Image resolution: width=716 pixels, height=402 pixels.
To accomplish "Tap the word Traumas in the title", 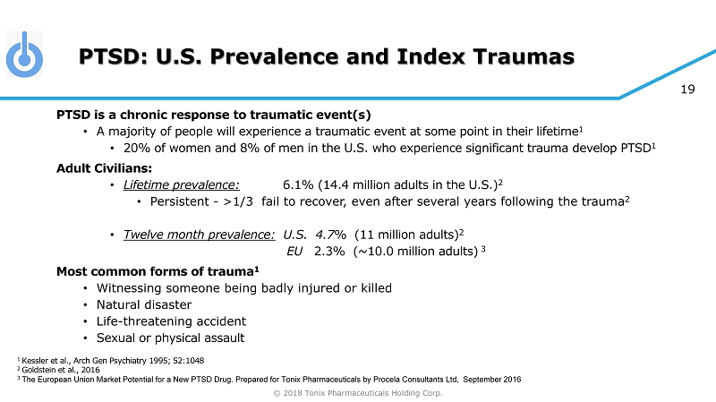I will click(x=524, y=58).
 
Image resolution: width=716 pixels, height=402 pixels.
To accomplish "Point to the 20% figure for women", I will click(x=138, y=148).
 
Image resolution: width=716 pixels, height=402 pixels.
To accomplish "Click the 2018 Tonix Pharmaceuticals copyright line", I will click(x=357, y=392).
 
